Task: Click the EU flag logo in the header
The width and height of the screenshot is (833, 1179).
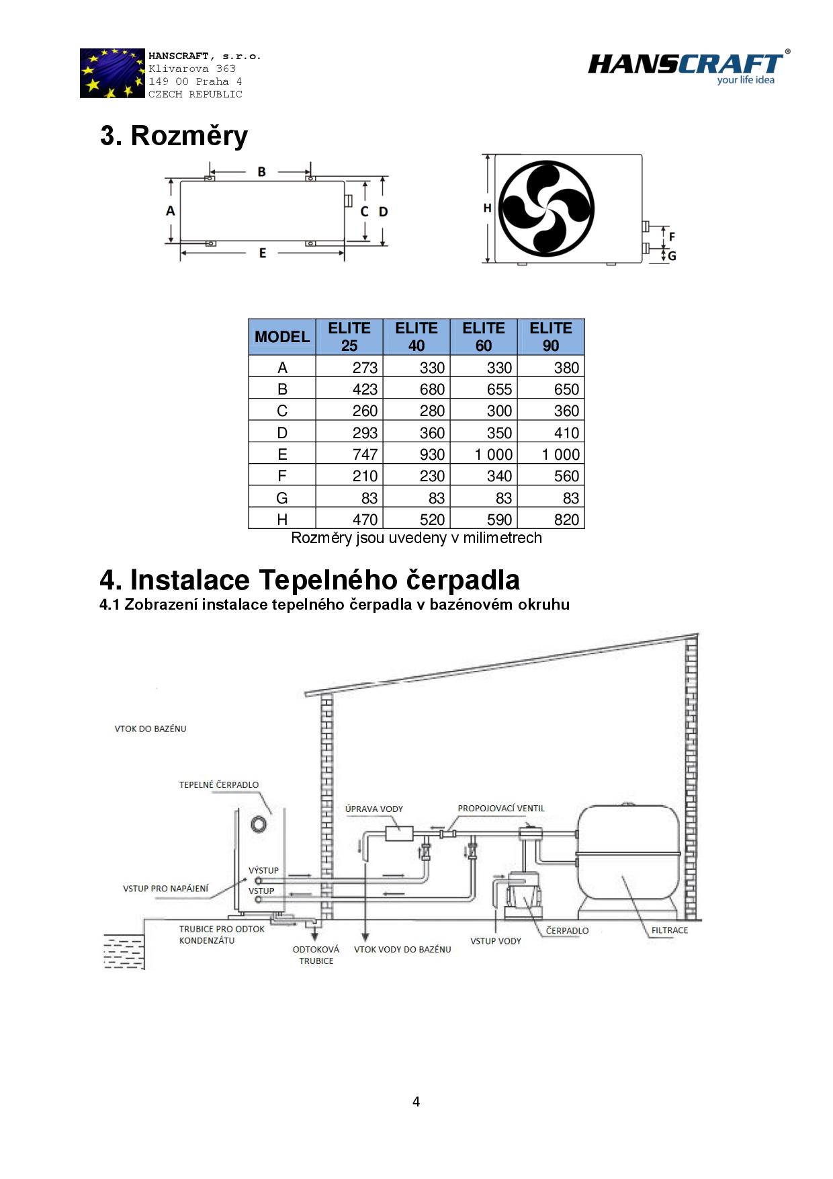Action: (112, 73)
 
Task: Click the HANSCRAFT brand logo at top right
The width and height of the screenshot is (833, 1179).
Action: (687, 67)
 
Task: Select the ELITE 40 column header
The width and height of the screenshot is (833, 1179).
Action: (416, 337)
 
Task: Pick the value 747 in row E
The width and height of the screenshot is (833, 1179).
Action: (365, 454)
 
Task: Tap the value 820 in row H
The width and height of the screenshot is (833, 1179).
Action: (566, 520)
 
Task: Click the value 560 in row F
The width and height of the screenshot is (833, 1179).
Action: (566, 476)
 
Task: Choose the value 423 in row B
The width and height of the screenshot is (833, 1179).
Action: (365, 389)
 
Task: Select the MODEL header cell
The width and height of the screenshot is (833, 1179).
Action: (282, 337)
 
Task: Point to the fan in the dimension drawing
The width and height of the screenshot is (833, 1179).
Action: (546, 208)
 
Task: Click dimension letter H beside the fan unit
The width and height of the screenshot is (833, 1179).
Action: (488, 208)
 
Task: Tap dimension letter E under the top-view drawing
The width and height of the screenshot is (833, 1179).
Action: (263, 253)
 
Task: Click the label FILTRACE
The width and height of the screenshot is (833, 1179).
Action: (669, 930)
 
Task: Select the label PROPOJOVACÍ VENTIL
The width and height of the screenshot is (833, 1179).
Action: (501, 808)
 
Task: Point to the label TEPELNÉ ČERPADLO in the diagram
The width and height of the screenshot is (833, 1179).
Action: (218, 784)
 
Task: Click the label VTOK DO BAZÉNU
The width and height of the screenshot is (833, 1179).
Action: (150, 729)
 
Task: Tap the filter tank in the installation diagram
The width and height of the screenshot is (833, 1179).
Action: (629, 857)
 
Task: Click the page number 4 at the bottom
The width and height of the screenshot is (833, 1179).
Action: (416, 1102)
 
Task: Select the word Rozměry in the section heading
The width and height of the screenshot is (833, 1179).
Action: (189, 136)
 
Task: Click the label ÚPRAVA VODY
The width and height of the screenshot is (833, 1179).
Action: (374, 809)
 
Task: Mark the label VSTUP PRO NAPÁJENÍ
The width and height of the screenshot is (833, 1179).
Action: (165, 889)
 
